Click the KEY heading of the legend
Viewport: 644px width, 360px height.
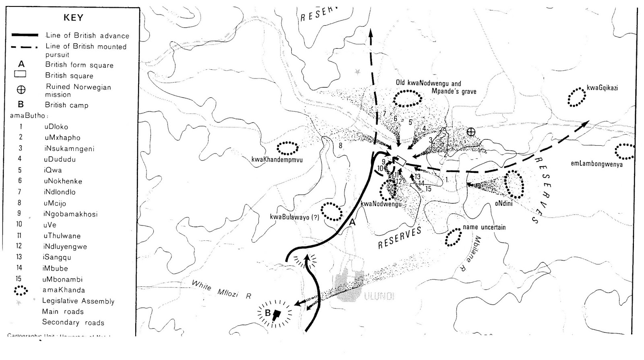click(73, 18)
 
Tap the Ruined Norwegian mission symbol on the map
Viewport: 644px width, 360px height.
click(471, 132)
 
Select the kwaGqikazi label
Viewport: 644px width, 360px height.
click(602, 88)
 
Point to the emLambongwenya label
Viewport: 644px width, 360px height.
click(597, 164)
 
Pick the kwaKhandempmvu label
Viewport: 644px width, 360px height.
click(277, 160)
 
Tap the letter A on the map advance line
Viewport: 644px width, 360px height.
click(353, 222)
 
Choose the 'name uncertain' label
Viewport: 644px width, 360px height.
click(484, 227)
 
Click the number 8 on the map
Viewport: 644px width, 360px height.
click(341, 145)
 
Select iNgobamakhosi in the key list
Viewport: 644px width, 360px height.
click(70, 214)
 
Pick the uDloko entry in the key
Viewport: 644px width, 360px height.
click(56, 126)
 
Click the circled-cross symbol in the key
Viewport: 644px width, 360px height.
click(21, 90)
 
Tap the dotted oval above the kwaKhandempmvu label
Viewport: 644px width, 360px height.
click(288, 148)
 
